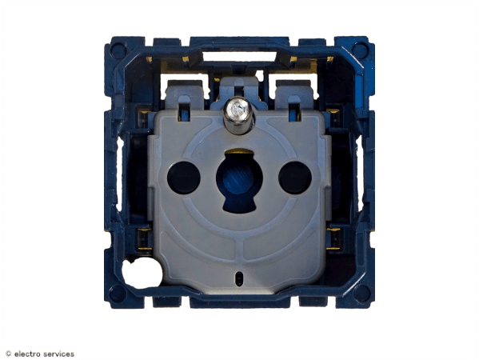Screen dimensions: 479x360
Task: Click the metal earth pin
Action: (x=238, y=115)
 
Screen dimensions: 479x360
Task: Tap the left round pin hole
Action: (x=184, y=178)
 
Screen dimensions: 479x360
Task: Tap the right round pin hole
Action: (x=295, y=178)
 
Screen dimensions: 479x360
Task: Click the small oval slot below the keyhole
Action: (x=239, y=278)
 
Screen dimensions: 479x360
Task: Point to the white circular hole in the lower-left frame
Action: (x=142, y=273)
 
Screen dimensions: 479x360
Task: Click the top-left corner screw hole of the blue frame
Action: (x=118, y=50)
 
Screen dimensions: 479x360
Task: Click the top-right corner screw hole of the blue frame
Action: (x=360, y=50)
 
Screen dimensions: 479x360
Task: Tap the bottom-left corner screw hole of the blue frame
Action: (x=118, y=294)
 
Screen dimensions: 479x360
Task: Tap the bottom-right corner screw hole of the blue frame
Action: (x=361, y=294)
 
